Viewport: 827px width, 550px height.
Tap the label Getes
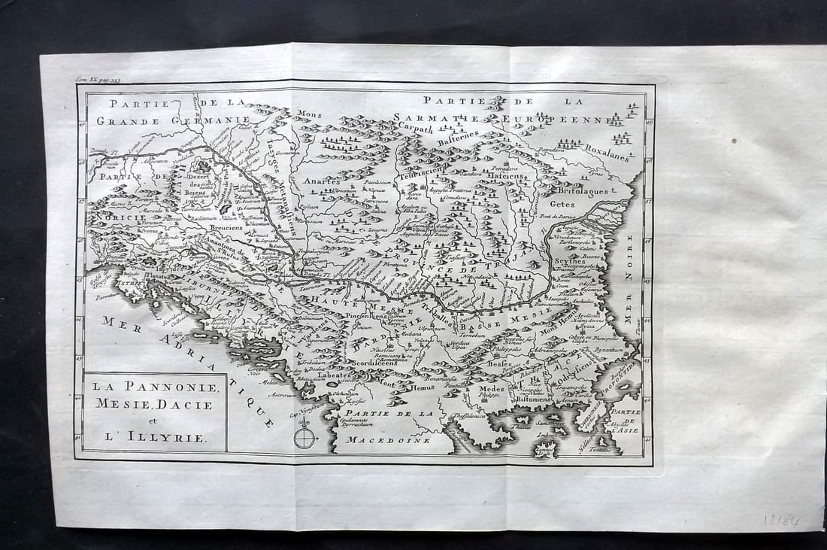[x=562, y=203]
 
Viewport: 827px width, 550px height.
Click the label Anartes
[x=322, y=181]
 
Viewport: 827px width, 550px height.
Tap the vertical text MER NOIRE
[x=630, y=278]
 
